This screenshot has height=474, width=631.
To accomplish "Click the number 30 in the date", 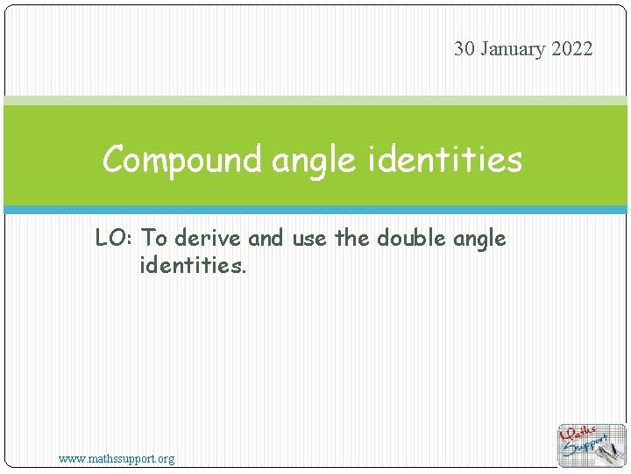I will (x=464, y=49).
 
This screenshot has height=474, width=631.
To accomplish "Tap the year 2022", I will (x=572, y=49).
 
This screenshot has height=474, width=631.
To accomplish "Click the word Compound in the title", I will (x=182, y=161).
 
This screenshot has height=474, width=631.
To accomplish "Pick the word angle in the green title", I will (x=311, y=161).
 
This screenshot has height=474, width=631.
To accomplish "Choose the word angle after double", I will (x=479, y=239).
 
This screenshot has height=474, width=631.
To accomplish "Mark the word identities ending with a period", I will (x=193, y=264).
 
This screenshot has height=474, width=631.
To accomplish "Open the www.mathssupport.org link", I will (x=116, y=458).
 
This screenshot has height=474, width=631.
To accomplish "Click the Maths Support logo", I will (x=592, y=445).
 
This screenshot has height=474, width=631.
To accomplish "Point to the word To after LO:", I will (x=154, y=238).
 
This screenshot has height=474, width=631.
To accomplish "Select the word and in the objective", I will (x=267, y=238).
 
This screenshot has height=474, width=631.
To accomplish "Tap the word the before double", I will (x=352, y=238).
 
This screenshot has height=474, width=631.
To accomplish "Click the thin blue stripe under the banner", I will (x=315, y=210).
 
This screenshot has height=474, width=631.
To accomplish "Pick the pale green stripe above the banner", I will (x=315, y=101).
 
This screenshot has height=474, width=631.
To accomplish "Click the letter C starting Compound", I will (x=112, y=161).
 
